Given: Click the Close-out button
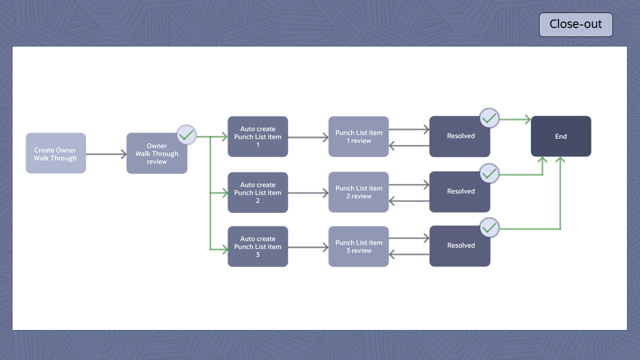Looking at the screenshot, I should (x=575, y=24).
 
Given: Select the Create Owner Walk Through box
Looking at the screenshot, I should (x=55, y=153).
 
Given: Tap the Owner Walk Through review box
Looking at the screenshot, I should (x=156, y=154).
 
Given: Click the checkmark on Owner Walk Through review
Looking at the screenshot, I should (x=186, y=135).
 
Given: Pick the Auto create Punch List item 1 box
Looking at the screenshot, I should (x=257, y=136).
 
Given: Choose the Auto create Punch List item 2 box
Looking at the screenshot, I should (x=257, y=192).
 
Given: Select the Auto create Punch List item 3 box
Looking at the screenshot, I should (x=257, y=246).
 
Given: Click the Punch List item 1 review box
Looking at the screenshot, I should (x=358, y=136).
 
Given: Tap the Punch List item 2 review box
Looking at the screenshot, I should (x=358, y=192).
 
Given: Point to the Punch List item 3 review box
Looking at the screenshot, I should (x=358, y=246).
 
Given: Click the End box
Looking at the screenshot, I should (x=561, y=136).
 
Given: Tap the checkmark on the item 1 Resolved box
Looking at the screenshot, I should (x=489, y=118).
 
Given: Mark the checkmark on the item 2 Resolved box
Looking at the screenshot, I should (x=489, y=173).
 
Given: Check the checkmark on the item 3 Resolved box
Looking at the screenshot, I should (x=489, y=228).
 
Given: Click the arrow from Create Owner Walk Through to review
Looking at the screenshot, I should (x=106, y=154).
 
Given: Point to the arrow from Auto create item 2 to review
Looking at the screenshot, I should (x=308, y=192).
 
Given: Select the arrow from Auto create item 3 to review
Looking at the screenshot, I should (x=308, y=247).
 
